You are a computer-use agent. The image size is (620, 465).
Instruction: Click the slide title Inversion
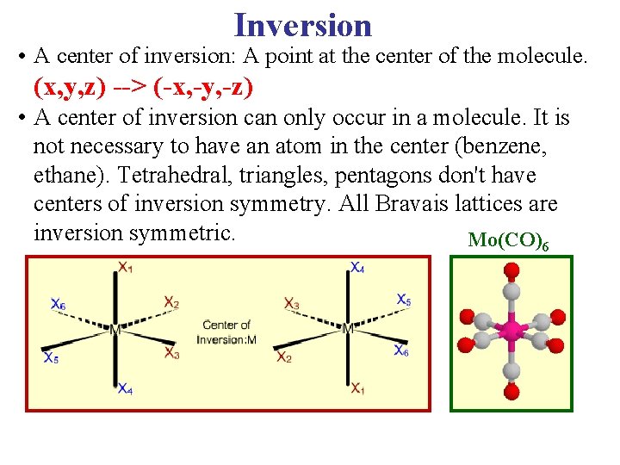coord(302,24)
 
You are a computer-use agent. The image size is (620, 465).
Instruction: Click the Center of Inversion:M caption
coord(226,332)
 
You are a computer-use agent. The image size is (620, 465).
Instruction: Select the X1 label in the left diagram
coord(126,267)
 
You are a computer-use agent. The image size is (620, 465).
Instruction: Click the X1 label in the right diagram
coord(357,389)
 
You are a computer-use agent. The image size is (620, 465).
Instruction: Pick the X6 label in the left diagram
coord(58,304)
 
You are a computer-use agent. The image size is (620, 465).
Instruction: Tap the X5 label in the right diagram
coord(403,300)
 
